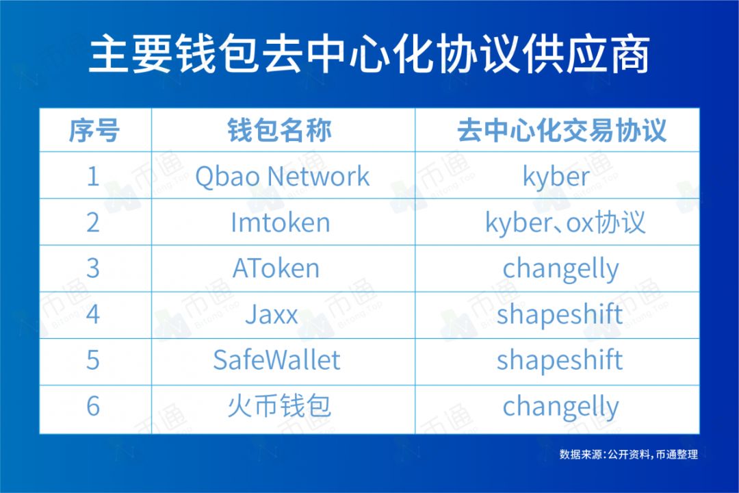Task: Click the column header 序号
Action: click(x=94, y=130)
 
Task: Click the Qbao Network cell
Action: click(x=282, y=177)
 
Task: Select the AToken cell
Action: click(x=276, y=268)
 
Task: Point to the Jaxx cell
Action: click(x=272, y=315)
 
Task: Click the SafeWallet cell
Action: click(x=276, y=360)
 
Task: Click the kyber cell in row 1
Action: click(x=556, y=177)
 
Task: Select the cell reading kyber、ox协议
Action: click(x=565, y=223)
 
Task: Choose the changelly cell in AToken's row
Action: click(x=560, y=269)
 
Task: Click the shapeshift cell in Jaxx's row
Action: click(x=560, y=315)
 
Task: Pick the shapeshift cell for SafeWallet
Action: click(x=560, y=360)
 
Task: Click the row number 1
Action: click(x=93, y=177)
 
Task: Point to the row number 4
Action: click(x=93, y=315)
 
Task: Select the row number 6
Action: click(x=93, y=407)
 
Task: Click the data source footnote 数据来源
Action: click(x=628, y=454)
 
